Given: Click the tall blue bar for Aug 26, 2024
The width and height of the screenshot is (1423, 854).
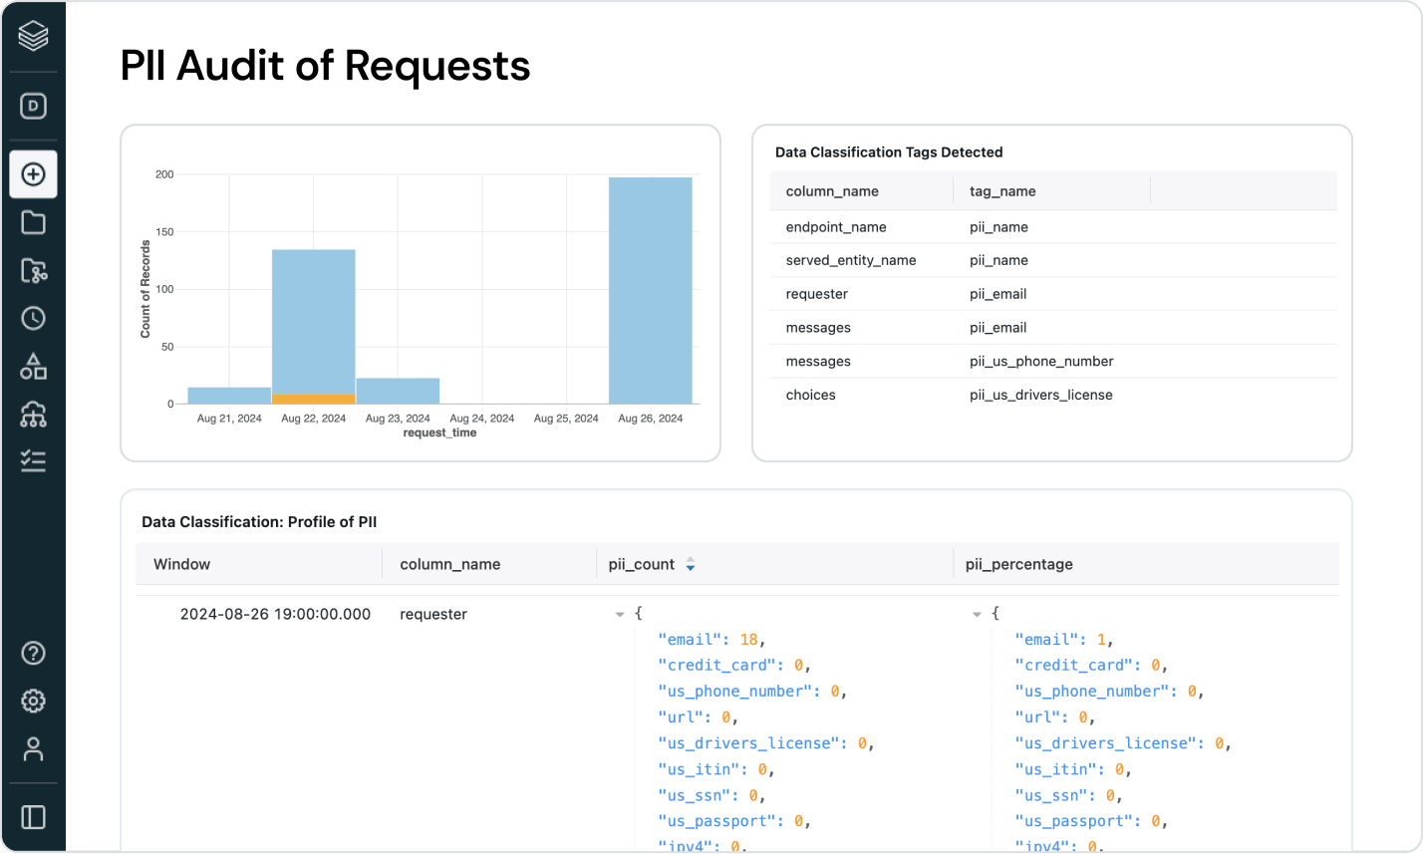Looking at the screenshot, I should [650, 290].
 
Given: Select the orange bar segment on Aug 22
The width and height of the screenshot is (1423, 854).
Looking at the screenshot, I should [314, 399].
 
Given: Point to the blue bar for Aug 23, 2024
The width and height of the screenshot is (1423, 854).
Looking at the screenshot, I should [398, 391].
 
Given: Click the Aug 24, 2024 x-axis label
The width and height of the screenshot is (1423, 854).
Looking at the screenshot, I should [481, 419].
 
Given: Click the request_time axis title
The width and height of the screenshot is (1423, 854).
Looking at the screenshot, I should [439, 433].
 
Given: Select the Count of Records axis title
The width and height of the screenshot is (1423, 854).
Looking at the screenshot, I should [145, 289].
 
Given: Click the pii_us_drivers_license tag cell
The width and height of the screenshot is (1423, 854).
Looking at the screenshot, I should [1040, 395].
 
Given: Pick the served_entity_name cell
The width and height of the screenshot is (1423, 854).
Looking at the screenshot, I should [850, 260].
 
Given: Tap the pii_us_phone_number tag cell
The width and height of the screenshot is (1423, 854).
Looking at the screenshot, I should [1041, 361].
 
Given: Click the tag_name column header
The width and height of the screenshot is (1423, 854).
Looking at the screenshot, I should [1002, 191].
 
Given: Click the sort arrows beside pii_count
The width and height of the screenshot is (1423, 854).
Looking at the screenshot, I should [690, 564].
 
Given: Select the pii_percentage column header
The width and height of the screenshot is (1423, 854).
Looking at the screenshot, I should [1019, 564].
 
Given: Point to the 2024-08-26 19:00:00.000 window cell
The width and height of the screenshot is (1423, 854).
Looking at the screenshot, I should [275, 614].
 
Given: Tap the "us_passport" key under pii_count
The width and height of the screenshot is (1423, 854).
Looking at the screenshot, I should [720, 821].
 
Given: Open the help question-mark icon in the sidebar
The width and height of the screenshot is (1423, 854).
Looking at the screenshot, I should [34, 653].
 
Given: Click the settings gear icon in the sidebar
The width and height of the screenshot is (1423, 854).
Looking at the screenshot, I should [34, 701].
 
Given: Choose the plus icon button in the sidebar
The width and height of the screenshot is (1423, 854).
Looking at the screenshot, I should [34, 174].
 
